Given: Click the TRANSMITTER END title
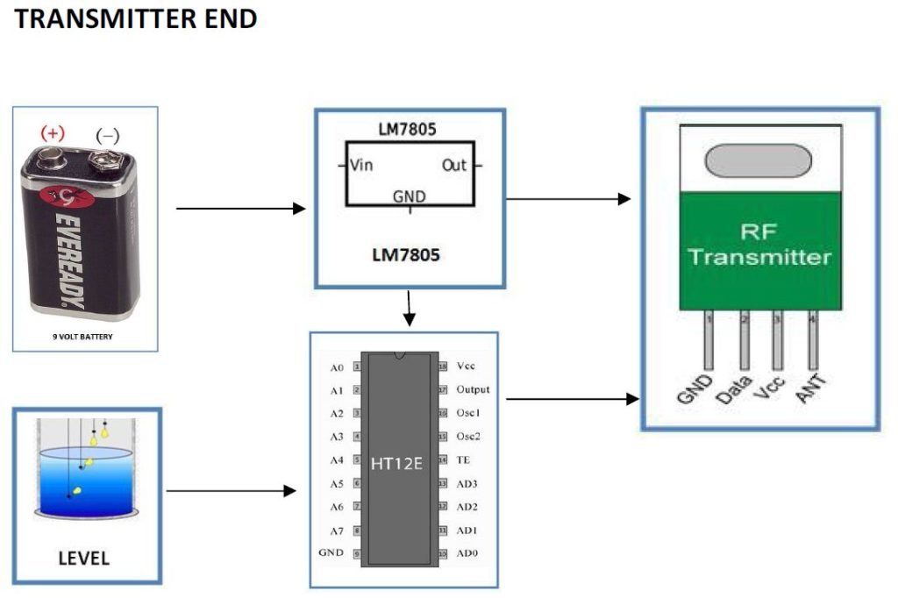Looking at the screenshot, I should [136, 18].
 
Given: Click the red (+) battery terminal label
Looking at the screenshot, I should [52, 133].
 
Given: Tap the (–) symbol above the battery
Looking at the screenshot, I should [108, 136].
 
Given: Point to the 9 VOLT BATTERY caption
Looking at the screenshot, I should [85, 336].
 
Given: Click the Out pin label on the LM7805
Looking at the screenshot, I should [454, 165].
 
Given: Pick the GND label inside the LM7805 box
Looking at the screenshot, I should [409, 196].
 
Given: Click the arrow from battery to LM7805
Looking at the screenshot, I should [240, 209].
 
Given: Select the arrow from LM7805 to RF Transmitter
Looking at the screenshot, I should [568, 199].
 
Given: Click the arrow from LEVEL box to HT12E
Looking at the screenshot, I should [231, 491].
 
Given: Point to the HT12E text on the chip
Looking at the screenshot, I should [396, 464].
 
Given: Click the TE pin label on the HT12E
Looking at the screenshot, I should [464, 459].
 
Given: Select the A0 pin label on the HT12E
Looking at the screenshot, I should [337, 367].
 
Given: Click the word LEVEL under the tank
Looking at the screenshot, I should [84, 558].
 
